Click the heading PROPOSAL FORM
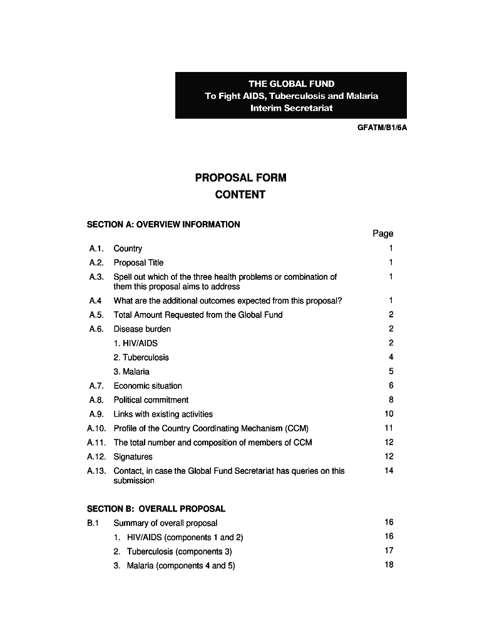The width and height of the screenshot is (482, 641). pyautogui.click(x=240, y=178)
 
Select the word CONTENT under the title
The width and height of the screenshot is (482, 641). pyautogui.click(x=240, y=195)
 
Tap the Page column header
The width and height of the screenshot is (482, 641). pyautogui.click(x=382, y=233)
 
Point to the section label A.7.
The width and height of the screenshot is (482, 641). pyautogui.click(x=96, y=386)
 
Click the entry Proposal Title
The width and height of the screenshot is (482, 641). pyautogui.click(x=138, y=263)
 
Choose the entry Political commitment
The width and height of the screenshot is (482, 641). pyautogui.click(x=151, y=400)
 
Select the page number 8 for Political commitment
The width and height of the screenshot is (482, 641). pyautogui.click(x=391, y=400)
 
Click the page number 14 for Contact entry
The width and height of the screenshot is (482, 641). pyautogui.click(x=389, y=471)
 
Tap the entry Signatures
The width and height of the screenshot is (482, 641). pyautogui.click(x=133, y=457)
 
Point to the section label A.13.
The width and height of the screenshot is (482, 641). pyautogui.click(x=96, y=471)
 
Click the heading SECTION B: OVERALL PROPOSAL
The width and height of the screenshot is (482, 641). pyautogui.click(x=155, y=509)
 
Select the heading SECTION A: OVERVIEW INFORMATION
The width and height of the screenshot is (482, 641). pyautogui.click(x=163, y=224)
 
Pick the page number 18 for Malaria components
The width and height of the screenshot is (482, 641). pyautogui.click(x=389, y=565)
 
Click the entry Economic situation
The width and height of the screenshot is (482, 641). pyautogui.click(x=148, y=386)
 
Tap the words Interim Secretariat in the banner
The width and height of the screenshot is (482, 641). pyautogui.click(x=291, y=108)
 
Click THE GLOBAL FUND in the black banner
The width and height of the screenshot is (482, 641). pyautogui.click(x=291, y=84)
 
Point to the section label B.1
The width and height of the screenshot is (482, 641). pyautogui.click(x=94, y=523)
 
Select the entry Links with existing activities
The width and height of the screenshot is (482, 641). pyautogui.click(x=163, y=414)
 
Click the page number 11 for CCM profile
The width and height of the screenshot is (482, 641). pyautogui.click(x=389, y=428)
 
